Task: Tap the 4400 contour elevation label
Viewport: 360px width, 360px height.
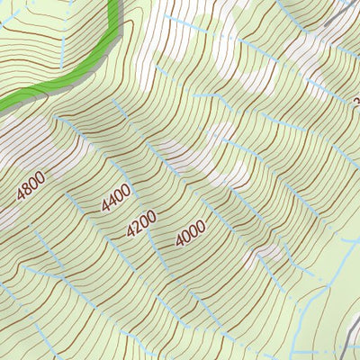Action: [x=116, y=198]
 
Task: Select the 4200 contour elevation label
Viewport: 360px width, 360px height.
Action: [x=141, y=222]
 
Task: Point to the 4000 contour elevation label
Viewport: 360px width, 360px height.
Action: [x=191, y=233]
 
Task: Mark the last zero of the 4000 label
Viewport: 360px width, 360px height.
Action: [x=201, y=225]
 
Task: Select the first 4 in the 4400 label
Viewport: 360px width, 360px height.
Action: [x=106, y=208]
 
